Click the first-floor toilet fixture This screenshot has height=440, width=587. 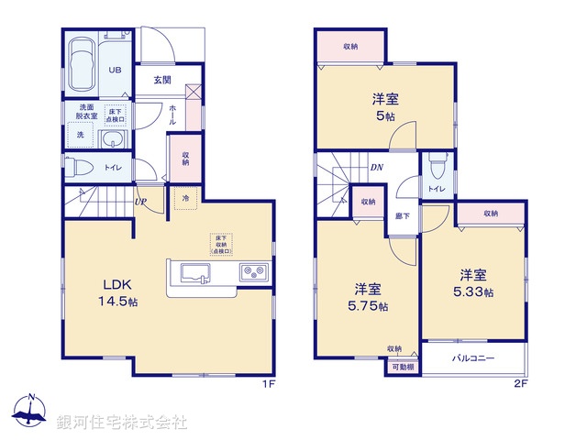tap(79, 168)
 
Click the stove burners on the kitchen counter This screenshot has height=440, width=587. tap(252, 272)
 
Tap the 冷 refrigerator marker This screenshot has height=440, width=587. tap(186, 199)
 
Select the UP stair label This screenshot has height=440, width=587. tap(140, 202)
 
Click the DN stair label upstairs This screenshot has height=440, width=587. tap(377, 168)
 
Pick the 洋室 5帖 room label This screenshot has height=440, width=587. tap(385, 107)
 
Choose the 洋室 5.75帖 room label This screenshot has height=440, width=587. tap(366, 298)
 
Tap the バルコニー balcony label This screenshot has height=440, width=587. tap(474, 357)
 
